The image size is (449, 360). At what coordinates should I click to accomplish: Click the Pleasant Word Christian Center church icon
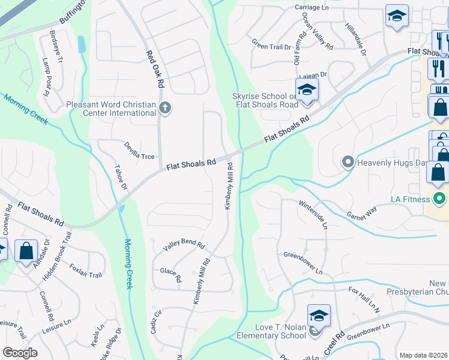pos(165,109)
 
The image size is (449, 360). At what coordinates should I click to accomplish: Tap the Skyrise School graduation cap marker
pos(307,91)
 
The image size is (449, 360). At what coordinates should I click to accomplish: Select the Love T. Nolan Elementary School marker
pos(319,316)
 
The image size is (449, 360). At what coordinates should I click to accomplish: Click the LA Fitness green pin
pos(440,199)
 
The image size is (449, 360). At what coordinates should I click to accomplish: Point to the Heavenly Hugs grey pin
pos(348,162)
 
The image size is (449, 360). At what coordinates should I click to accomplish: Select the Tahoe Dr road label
pos(121,178)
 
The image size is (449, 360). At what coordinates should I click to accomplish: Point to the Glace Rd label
pos(170,274)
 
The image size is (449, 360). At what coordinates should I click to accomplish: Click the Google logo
pos(20,353)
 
